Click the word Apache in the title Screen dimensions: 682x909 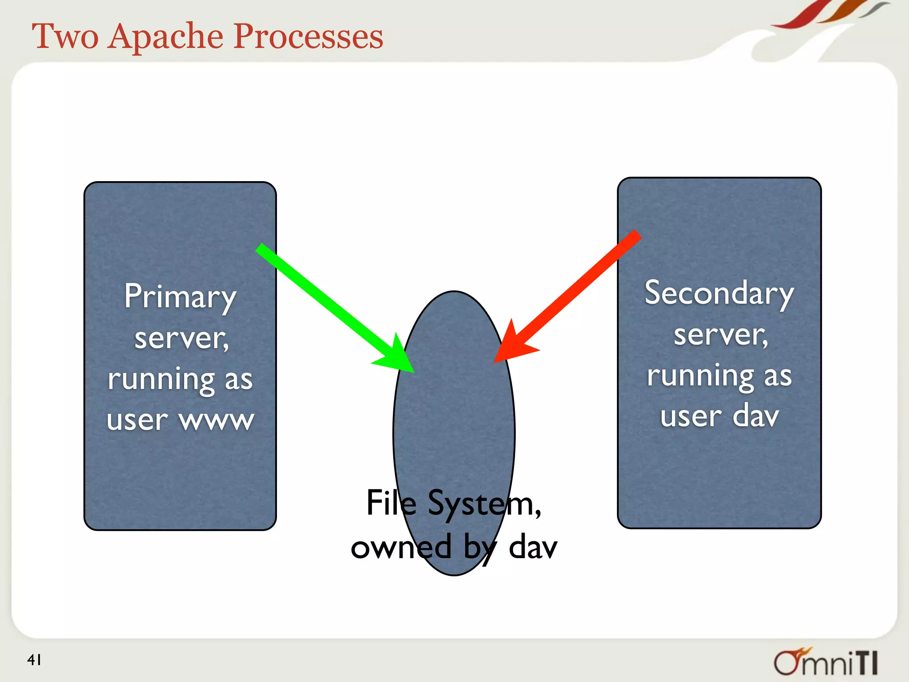click(166, 36)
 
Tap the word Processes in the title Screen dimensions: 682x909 click(308, 36)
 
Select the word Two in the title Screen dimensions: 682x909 click(65, 36)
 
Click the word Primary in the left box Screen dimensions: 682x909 click(180, 297)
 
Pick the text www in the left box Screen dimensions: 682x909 click(217, 420)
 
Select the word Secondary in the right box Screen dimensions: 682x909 click(719, 293)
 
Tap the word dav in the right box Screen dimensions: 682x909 click(755, 416)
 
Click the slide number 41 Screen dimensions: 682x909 click(34, 660)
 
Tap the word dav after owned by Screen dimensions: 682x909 click(533, 547)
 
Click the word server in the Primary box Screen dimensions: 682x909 click(181, 338)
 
